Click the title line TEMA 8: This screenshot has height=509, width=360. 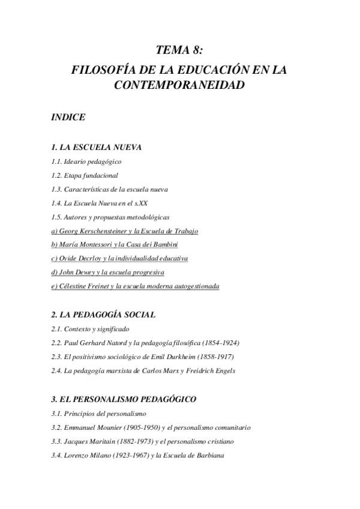coord(179,50)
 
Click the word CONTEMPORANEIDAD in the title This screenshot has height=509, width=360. coord(179,85)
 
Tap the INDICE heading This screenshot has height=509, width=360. coord(68,117)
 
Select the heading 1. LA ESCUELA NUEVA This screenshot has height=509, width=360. coord(96,147)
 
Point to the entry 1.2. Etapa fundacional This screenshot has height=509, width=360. coord(85,175)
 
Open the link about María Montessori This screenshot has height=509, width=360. coord(115,244)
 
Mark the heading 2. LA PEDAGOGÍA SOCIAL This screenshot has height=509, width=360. coord(103,314)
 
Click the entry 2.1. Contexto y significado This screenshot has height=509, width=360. coord(90,329)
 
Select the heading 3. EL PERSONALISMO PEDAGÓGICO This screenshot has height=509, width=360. coord(124,399)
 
